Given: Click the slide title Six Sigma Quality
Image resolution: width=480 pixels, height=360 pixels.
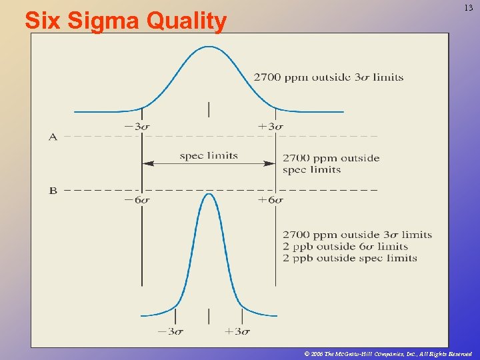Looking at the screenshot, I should pyautogui.click(x=125, y=21).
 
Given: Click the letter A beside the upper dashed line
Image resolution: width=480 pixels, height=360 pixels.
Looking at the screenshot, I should pyautogui.click(x=53, y=137).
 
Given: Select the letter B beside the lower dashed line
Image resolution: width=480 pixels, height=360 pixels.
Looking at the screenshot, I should pyautogui.click(x=53, y=191).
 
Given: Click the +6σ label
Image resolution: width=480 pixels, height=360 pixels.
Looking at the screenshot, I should pyautogui.click(x=271, y=200).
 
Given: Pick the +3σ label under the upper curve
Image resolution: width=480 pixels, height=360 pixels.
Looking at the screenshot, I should pyautogui.click(x=271, y=126).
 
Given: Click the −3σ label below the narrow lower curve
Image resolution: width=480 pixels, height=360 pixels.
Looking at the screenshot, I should pyautogui.click(x=171, y=331).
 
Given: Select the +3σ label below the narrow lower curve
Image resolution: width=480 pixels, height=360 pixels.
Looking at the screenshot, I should pyautogui.click(x=237, y=331).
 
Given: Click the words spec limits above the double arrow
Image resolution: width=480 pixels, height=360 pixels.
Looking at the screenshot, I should pyautogui.click(x=209, y=156).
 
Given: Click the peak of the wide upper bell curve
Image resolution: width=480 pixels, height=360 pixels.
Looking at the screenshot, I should pyautogui.click(x=209, y=47).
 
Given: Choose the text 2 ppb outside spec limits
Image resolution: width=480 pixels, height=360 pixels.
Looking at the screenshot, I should pyautogui.click(x=350, y=258).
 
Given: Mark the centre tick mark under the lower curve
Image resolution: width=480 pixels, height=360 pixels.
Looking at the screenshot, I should pyautogui.click(x=209, y=315).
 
